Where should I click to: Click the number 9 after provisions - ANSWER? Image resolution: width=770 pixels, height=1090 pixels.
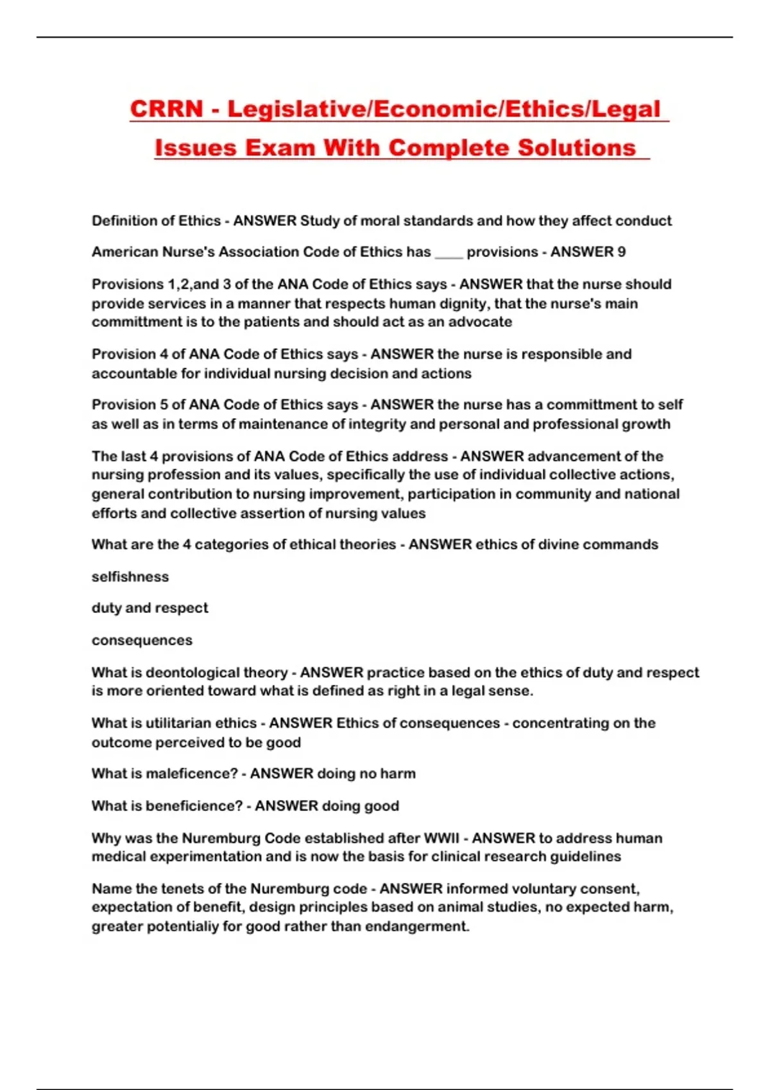(621, 252)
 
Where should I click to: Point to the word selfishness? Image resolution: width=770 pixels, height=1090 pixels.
(130, 576)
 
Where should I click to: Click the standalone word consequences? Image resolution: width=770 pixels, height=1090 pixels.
(142, 640)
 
